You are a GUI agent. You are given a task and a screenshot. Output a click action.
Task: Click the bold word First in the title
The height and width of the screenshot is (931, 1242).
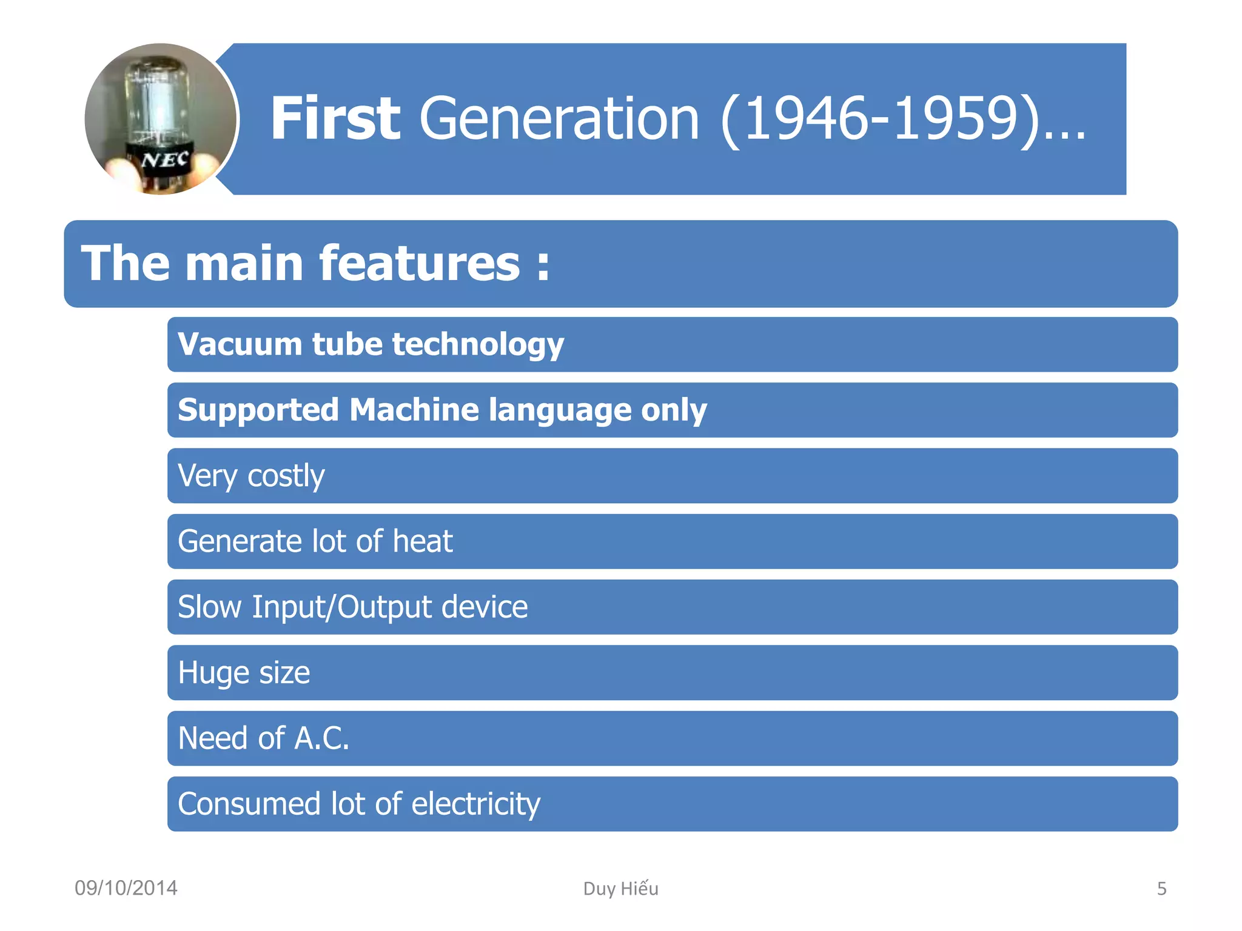335,119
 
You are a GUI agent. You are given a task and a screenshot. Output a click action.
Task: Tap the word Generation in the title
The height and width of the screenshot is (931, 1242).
559,119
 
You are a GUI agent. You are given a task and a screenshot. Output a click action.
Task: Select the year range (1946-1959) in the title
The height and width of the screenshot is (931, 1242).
879,119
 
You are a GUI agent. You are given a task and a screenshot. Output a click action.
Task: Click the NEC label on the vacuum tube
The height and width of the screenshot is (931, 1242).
165,160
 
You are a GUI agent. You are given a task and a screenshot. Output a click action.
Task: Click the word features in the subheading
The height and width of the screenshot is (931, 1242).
419,264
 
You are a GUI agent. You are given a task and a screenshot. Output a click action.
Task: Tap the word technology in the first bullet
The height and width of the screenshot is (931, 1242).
478,344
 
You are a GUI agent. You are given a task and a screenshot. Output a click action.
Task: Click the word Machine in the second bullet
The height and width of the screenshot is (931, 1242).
414,410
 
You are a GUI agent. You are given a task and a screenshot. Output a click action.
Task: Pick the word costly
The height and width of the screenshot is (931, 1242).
286,476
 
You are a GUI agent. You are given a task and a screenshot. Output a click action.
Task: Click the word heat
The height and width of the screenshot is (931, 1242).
423,541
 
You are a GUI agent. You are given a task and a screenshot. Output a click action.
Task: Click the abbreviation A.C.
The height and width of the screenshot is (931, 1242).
321,738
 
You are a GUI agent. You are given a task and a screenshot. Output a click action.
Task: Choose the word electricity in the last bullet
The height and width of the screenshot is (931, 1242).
476,804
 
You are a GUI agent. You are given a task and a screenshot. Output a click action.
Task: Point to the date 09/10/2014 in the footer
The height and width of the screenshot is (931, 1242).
126,888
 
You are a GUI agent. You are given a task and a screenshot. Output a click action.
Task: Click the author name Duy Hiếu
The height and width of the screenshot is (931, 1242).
620,889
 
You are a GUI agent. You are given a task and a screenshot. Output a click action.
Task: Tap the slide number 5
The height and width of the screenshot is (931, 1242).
1161,889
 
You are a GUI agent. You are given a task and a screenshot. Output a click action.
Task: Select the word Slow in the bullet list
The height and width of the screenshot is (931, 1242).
209,607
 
